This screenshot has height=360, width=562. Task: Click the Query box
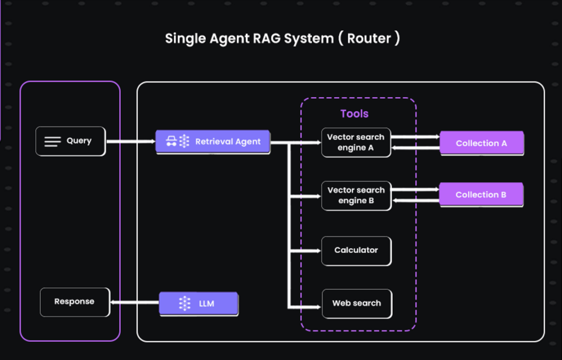[70, 141]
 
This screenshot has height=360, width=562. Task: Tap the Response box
[75, 302]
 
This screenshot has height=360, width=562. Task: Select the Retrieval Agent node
[213, 142]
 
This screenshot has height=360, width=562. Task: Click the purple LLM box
[199, 303]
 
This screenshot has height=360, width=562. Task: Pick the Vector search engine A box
[356, 143]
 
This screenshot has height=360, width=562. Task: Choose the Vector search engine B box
[356, 195]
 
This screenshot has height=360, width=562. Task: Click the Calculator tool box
[356, 250]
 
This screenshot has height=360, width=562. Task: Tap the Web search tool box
[356, 303]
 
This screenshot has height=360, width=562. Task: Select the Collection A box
[481, 143]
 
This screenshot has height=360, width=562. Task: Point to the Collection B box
[481, 195]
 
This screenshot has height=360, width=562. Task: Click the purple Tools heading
[355, 114]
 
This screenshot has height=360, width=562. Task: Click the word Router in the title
[369, 39]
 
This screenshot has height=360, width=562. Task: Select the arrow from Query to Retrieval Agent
[131, 142]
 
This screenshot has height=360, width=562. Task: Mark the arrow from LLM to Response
[134, 302]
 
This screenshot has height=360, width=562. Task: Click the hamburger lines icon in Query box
[52, 142]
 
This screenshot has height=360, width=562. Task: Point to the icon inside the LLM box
[184, 303]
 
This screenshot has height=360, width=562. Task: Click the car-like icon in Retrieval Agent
[171, 142]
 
